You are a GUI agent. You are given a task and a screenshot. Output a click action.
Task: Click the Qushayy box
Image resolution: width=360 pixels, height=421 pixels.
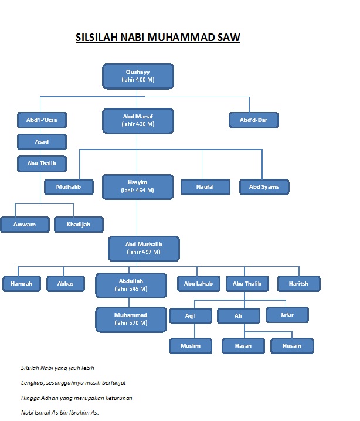(x=138, y=75)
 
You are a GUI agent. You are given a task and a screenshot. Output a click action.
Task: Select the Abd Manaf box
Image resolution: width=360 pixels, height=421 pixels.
(x=138, y=120)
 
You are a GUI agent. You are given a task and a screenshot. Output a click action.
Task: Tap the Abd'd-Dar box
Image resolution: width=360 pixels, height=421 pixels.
(x=253, y=120)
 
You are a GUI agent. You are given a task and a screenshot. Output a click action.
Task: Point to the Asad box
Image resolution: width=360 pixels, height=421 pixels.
(x=41, y=142)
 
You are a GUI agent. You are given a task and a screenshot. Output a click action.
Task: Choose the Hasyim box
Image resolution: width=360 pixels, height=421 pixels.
(x=138, y=186)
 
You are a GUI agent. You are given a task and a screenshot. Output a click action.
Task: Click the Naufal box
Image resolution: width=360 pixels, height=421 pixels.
(x=205, y=186)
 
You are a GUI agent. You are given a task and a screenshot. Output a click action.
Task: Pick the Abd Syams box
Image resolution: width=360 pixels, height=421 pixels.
(x=264, y=186)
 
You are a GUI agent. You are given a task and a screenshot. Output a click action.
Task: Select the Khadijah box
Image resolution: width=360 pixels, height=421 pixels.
(x=79, y=224)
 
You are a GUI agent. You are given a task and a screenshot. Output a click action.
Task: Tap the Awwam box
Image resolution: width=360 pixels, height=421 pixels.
(x=25, y=224)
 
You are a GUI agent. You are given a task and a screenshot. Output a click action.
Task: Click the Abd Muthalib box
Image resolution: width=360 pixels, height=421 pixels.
(x=144, y=248)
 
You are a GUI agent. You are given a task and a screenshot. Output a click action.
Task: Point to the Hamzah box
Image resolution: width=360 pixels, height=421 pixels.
(x=21, y=283)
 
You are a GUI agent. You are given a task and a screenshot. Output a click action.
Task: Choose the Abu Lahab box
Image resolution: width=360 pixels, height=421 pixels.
(x=199, y=283)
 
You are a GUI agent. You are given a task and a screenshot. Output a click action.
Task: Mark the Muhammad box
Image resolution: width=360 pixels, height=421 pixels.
(x=131, y=319)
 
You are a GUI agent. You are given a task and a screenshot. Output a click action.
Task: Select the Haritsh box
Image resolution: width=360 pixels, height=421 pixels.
(x=298, y=283)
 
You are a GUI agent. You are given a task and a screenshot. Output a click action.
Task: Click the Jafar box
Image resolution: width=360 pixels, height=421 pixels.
(x=287, y=315)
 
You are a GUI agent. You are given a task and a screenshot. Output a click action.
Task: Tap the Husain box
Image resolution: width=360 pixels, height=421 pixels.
(x=292, y=345)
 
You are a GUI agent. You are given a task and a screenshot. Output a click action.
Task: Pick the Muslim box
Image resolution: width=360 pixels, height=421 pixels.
(x=191, y=345)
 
